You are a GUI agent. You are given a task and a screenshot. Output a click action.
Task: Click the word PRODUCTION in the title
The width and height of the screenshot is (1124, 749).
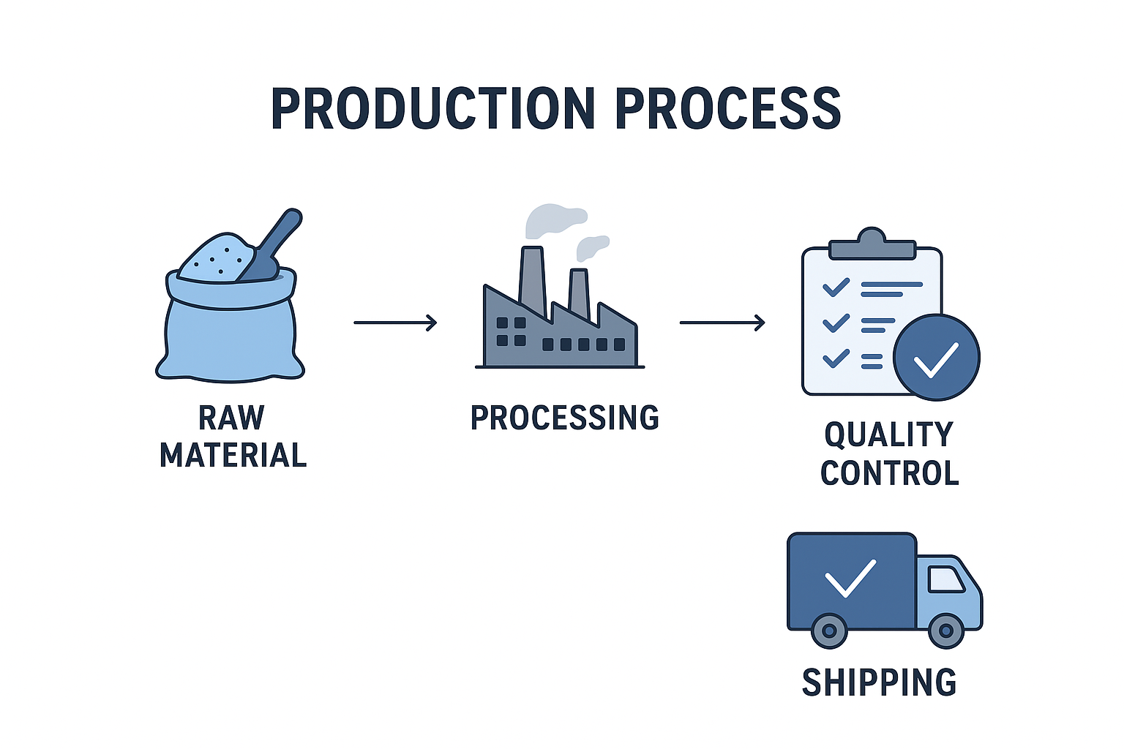point(433,109)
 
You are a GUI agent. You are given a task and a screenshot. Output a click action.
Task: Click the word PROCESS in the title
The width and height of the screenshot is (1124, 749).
point(728,109)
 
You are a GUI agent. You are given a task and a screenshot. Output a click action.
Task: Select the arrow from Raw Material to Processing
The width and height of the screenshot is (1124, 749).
point(395,323)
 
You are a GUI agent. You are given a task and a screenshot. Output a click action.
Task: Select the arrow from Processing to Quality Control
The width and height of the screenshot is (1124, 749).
point(722,323)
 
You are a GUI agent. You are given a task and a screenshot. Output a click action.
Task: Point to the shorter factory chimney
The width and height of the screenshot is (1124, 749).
point(579,293)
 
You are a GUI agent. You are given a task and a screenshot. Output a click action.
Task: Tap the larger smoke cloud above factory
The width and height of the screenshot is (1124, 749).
point(555,219)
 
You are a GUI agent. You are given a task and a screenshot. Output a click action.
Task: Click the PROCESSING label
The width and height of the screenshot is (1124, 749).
point(564,418)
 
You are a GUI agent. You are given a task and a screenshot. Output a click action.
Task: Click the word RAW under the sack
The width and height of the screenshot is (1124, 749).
point(231,418)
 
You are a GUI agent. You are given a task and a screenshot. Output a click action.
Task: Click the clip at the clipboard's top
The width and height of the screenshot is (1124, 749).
point(872,244)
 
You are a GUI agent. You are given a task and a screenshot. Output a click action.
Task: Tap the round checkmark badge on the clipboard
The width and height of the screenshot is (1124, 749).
point(937,357)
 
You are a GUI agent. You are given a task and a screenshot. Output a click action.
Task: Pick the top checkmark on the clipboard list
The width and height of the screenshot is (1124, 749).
point(836,287)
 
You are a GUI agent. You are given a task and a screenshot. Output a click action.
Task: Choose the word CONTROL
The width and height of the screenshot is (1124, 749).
point(890,473)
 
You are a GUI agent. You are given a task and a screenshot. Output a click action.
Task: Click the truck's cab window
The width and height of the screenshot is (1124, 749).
point(946,579)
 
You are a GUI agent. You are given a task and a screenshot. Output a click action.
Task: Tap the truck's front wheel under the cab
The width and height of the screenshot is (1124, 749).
point(946,631)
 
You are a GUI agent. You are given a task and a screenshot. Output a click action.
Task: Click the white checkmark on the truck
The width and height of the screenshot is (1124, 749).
point(850,579)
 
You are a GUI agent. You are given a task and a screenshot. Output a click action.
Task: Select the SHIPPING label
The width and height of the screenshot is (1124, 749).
point(879,682)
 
